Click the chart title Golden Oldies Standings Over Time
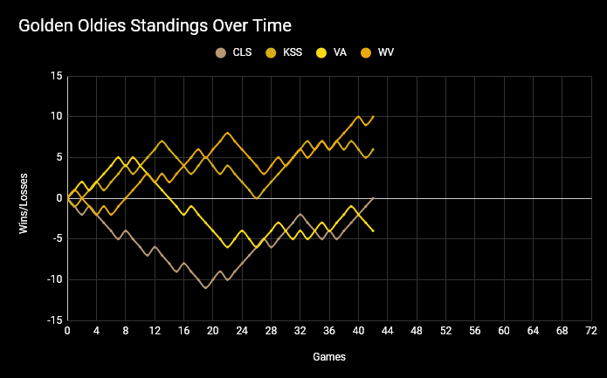coord(155,27)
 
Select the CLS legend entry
coord(236,52)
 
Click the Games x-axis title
coord(329,357)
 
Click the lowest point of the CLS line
coord(206,287)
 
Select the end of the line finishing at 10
coord(373,117)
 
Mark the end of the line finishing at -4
coord(373,230)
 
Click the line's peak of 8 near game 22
coord(228,133)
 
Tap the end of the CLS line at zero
coord(373,198)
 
